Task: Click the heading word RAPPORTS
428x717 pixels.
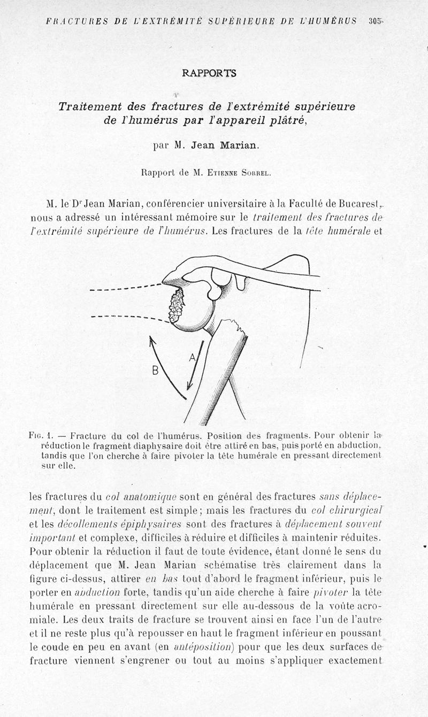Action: coord(209,73)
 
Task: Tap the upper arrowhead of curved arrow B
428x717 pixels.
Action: coord(151,339)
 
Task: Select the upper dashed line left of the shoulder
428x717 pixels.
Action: coord(126,288)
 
